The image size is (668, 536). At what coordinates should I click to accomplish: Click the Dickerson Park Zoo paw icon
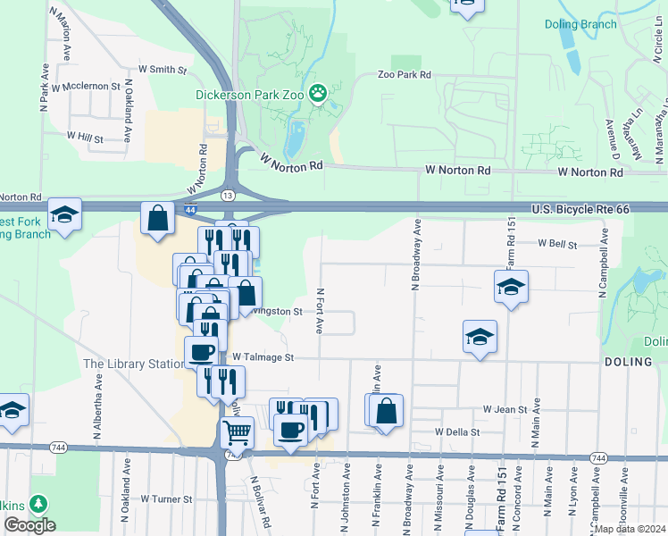317,92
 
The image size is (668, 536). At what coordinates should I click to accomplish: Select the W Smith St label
163,69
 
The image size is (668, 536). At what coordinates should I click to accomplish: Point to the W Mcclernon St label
86,86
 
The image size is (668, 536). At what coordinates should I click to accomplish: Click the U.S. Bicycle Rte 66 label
580,209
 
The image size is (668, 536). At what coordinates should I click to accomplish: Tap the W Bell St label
557,244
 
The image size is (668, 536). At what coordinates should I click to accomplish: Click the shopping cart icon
237,432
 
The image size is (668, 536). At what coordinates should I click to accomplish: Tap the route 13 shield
229,195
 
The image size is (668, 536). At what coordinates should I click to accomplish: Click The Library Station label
133,364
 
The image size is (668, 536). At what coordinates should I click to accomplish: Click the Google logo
29,525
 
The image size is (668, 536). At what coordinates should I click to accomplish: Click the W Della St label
457,431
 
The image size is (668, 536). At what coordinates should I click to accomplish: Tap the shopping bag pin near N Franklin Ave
386,411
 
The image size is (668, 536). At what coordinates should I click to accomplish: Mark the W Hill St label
85,138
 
